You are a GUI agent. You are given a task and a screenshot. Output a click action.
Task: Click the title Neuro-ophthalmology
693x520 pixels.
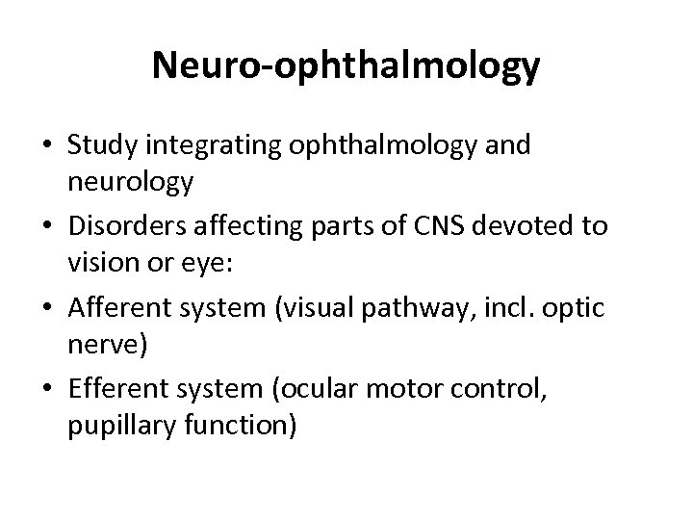(346, 66)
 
